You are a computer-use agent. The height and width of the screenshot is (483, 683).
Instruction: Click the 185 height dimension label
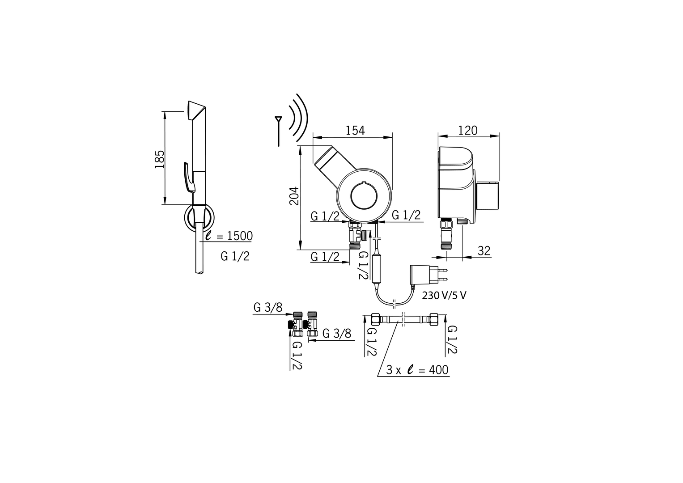pyautogui.click(x=160, y=159)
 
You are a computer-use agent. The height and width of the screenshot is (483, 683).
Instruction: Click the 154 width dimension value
pyautogui.click(x=355, y=131)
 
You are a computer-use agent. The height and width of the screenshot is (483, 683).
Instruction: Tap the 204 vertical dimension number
pyautogui.click(x=294, y=196)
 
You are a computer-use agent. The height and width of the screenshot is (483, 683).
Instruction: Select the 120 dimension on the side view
pyautogui.click(x=468, y=131)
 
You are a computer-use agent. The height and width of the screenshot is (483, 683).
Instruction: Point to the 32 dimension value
pyautogui.click(x=484, y=251)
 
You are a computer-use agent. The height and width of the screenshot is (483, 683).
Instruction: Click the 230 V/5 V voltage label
pyautogui.click(x=444, y=296)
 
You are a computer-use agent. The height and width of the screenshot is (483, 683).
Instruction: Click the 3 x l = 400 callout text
pyautogui.click(x=417, y=370)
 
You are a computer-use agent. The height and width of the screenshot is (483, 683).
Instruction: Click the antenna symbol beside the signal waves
pyautogui.click(x=278, y=131)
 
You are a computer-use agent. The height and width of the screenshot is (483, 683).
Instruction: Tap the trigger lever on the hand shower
pyautogui.click(x=189, y=178)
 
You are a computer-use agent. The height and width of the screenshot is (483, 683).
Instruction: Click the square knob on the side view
pyautogui.click(x=487, y=196)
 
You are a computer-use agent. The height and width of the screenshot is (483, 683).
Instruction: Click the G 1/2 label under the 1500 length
pyautogui.click(x=235, y=257)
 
